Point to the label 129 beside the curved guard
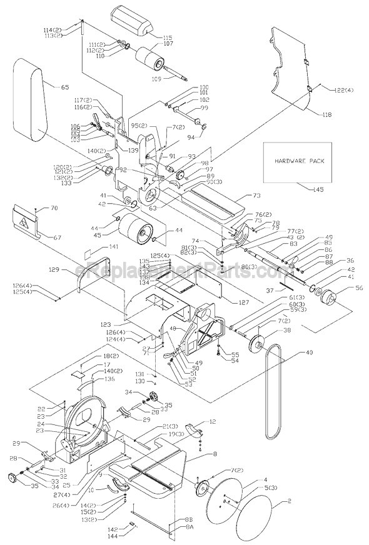tap(54, 270)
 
